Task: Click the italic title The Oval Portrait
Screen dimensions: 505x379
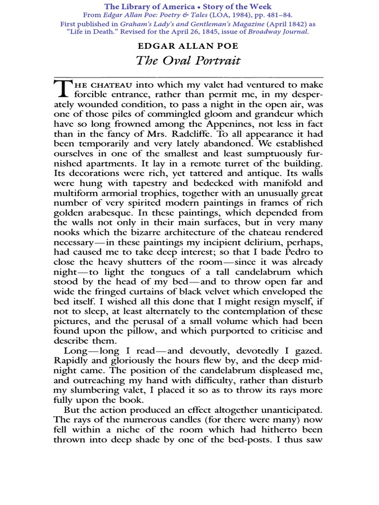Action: click(189, 61)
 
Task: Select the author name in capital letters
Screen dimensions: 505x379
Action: click(189, 46)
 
